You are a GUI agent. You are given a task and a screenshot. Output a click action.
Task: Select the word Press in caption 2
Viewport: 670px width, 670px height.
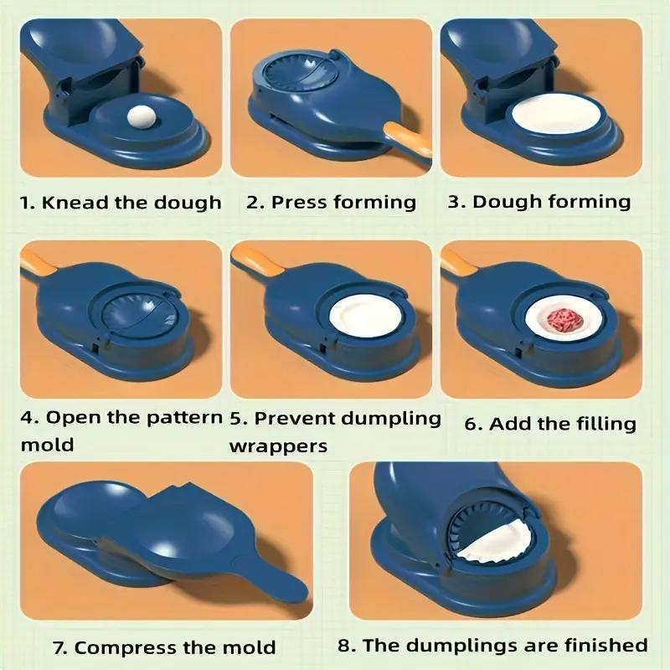(x=300, y=203)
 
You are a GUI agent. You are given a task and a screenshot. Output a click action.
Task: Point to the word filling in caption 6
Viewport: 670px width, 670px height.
(x=601, y=425)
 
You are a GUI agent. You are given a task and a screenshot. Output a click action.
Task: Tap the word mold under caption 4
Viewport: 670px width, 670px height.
(x=47, y=444)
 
